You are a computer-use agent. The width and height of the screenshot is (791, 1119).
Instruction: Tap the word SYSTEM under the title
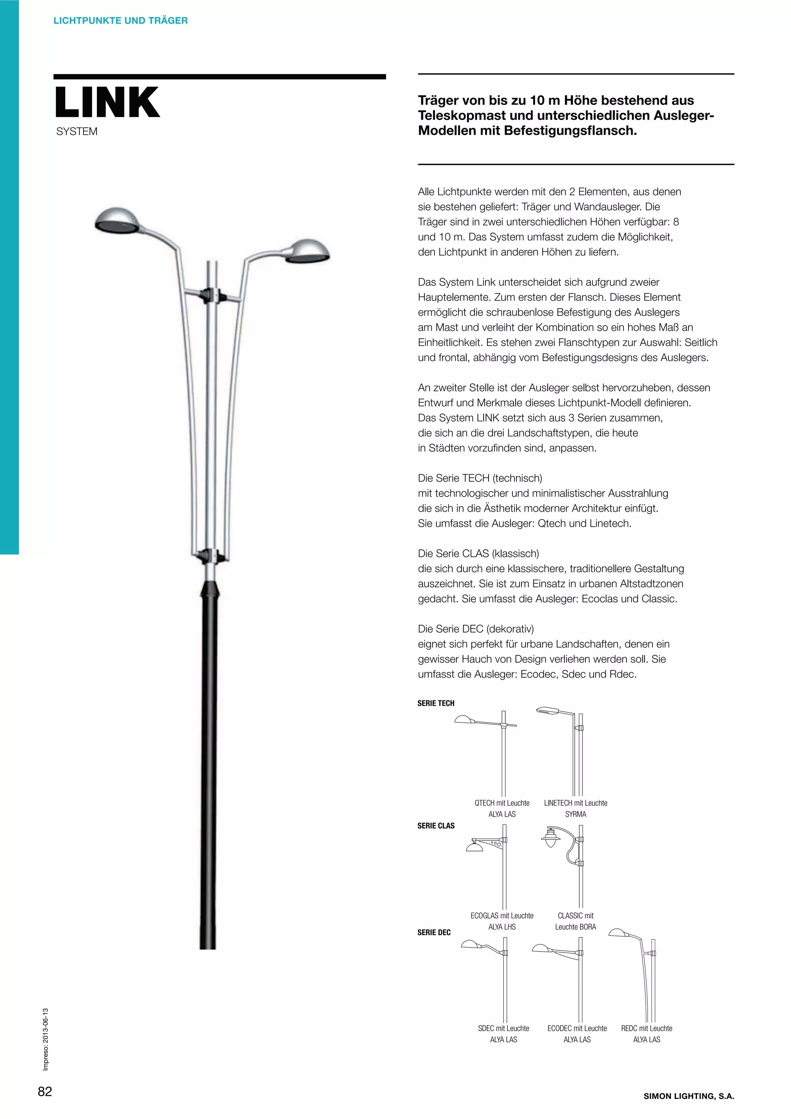[x=76, y=132]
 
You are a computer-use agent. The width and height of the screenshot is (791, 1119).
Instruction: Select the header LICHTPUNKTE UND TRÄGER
[x=121, y=20]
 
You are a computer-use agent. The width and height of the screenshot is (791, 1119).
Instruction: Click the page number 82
[x=45, y=1091]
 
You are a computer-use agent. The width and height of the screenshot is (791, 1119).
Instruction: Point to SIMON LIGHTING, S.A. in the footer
[x=689, y=1096]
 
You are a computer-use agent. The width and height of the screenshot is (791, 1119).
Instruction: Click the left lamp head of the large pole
[x=116, y=220]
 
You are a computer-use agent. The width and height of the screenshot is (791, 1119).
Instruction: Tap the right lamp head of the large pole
[x=307, y=251]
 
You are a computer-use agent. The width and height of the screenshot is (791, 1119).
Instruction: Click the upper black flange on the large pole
[x=212, y=294]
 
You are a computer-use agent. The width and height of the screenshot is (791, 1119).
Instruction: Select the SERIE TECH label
[x=436, y=703]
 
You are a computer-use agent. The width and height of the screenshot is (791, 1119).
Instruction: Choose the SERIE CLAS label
[x=436, y=826]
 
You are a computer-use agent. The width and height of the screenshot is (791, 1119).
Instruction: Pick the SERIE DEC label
[x=434, y=933]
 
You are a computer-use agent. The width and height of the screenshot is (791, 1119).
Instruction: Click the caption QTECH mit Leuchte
[x=502, y=803]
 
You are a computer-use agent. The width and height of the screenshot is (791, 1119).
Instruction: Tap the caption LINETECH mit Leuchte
[x=575, y=803]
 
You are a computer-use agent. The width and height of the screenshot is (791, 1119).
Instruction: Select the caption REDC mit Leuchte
[x=646, y=1028]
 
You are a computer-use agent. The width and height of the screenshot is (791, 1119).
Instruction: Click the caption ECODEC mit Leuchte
[x=577, y=1028]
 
